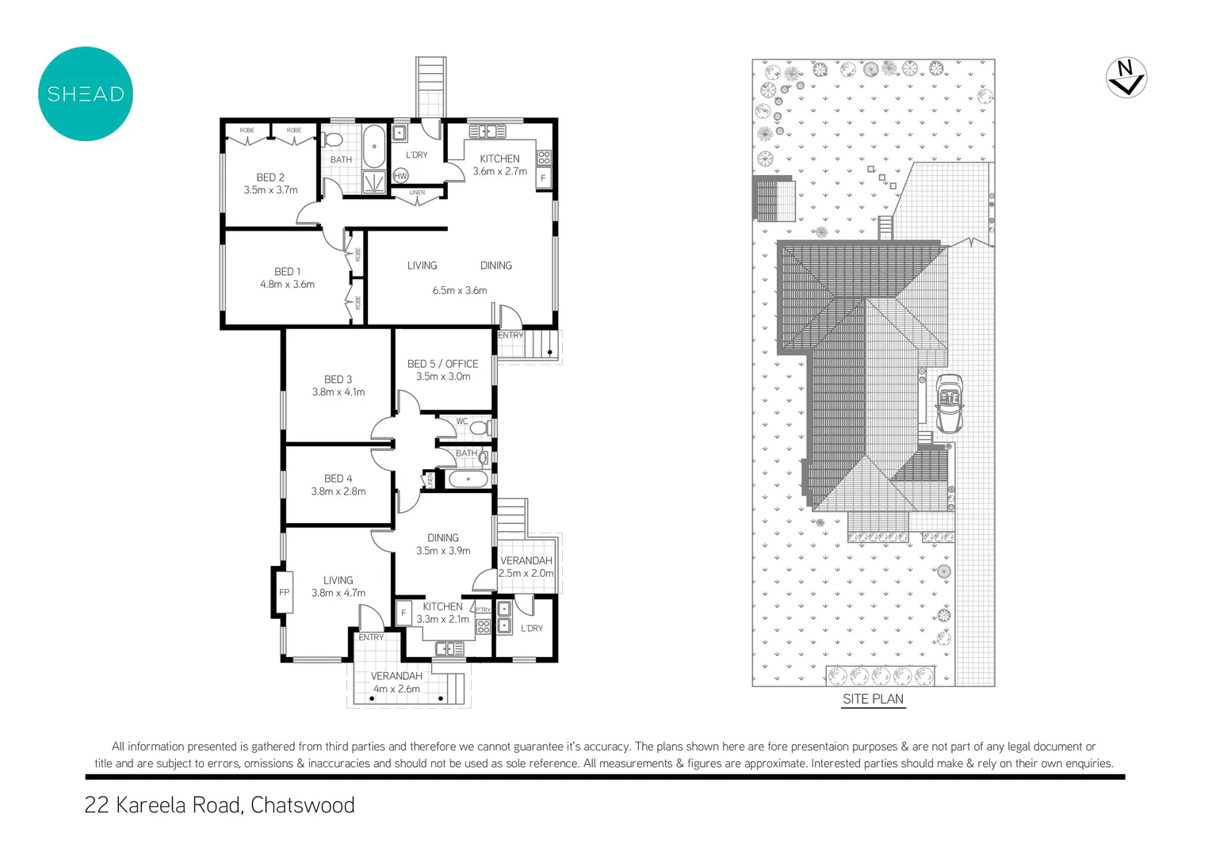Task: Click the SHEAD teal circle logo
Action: click(86, 94)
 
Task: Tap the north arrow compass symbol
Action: click(1126, 78)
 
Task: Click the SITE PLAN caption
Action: click(873, 699)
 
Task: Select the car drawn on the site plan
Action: click(950, 403)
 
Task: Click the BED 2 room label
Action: click(270, 178)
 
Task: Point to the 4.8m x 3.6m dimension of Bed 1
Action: click(287, 285)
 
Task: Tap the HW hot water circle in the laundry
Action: click(400, 176)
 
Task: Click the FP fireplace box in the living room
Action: click(284, 592)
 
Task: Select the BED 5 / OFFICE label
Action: click(442, 364)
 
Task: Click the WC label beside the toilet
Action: click(462, 422)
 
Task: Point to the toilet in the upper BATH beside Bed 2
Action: click(334, 141)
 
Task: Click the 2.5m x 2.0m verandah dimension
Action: click(526, 573)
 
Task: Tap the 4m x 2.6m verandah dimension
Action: click(396, 689)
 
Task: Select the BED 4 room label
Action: click(338, 479)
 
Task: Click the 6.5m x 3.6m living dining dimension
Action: click(460, 291)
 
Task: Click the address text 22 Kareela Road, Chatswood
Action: click(220, 805)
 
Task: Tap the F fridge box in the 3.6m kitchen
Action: click(543, 178)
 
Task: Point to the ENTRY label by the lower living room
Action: click(371, 637)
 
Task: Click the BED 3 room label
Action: click(338, 380)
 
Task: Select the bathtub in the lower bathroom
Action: click(468, 479)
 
